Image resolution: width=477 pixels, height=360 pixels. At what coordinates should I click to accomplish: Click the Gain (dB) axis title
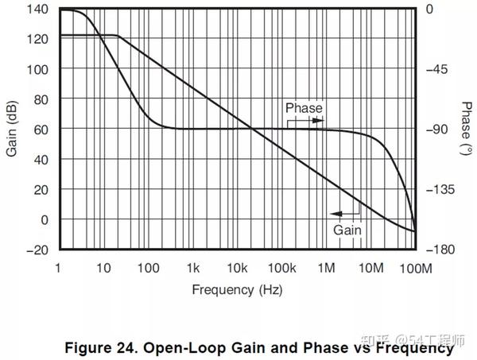pyautogui.click(x=14, y=129)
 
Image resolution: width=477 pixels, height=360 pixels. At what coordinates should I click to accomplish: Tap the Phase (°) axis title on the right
pyautogui.click(x=465, y=129)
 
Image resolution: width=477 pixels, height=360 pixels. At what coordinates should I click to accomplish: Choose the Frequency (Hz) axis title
pyautogui.click(x=237, y=289)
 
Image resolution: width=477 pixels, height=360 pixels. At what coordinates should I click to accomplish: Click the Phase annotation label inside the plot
pyautogui.click(x=304, y=108)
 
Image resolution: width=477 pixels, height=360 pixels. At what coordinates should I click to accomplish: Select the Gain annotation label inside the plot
pyautogui.click(x=347, y=229)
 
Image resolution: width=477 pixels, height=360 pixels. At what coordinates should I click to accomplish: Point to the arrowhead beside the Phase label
pyautogui.click(x=320, y=121)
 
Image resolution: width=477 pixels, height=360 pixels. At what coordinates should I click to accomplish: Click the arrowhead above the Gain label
pyautogui.click(x=335, y=214)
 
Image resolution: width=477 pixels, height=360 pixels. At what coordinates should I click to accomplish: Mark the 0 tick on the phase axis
pyautogui.click(x=429, y=9)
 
